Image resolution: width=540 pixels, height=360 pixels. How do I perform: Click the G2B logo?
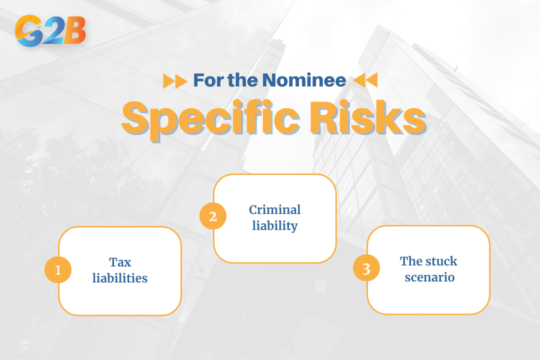(50, 31)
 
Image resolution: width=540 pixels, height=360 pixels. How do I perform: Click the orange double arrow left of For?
(175, 80)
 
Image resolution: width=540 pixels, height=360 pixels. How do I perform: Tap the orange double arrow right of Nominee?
(365, 80)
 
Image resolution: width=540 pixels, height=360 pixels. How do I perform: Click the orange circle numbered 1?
(58, 270)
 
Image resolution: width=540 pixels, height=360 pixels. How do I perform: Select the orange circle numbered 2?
(213, 216)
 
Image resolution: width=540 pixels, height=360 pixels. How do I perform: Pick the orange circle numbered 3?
(366, 269)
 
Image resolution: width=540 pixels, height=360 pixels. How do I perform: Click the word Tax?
(120, 262)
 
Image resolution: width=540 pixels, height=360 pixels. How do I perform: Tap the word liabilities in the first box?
(120, 278)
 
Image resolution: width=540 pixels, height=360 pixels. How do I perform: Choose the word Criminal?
(275, 209)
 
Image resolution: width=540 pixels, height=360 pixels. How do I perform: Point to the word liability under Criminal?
(275, 225)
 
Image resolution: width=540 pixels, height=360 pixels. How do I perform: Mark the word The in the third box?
(411, 261)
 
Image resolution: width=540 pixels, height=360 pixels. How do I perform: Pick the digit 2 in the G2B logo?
(52, 31)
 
